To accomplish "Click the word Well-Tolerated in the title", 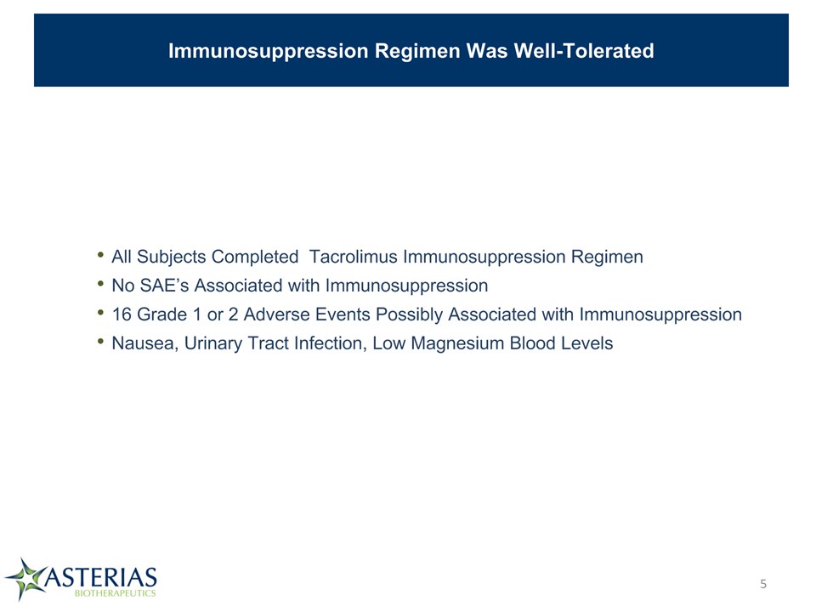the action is click(x=584, y=51).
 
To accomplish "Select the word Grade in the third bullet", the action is click(x=161, y=314).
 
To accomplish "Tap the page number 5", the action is click(x=763, y=584).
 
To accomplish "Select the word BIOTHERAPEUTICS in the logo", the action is click(x=115, y=593).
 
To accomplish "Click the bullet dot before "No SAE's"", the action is click(x=100, y=284).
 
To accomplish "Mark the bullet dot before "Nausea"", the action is click(x=100, y=342).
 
